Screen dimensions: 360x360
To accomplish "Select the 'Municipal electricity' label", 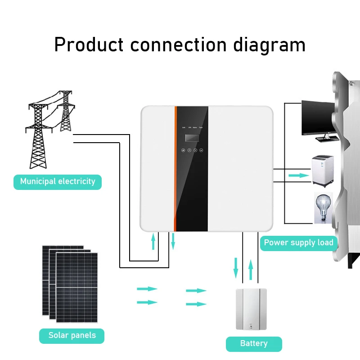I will [58, 182].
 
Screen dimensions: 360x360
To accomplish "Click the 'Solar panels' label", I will [72, 335].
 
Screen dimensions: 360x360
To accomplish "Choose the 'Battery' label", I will [254, 344].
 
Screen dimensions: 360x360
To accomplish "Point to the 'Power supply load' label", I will [298, 243].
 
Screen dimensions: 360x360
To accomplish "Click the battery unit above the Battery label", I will [251, 309].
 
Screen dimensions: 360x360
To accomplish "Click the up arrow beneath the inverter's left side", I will [153, 242].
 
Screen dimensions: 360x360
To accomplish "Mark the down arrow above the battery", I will [235, 268].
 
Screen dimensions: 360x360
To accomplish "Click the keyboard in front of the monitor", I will [328, 139].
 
